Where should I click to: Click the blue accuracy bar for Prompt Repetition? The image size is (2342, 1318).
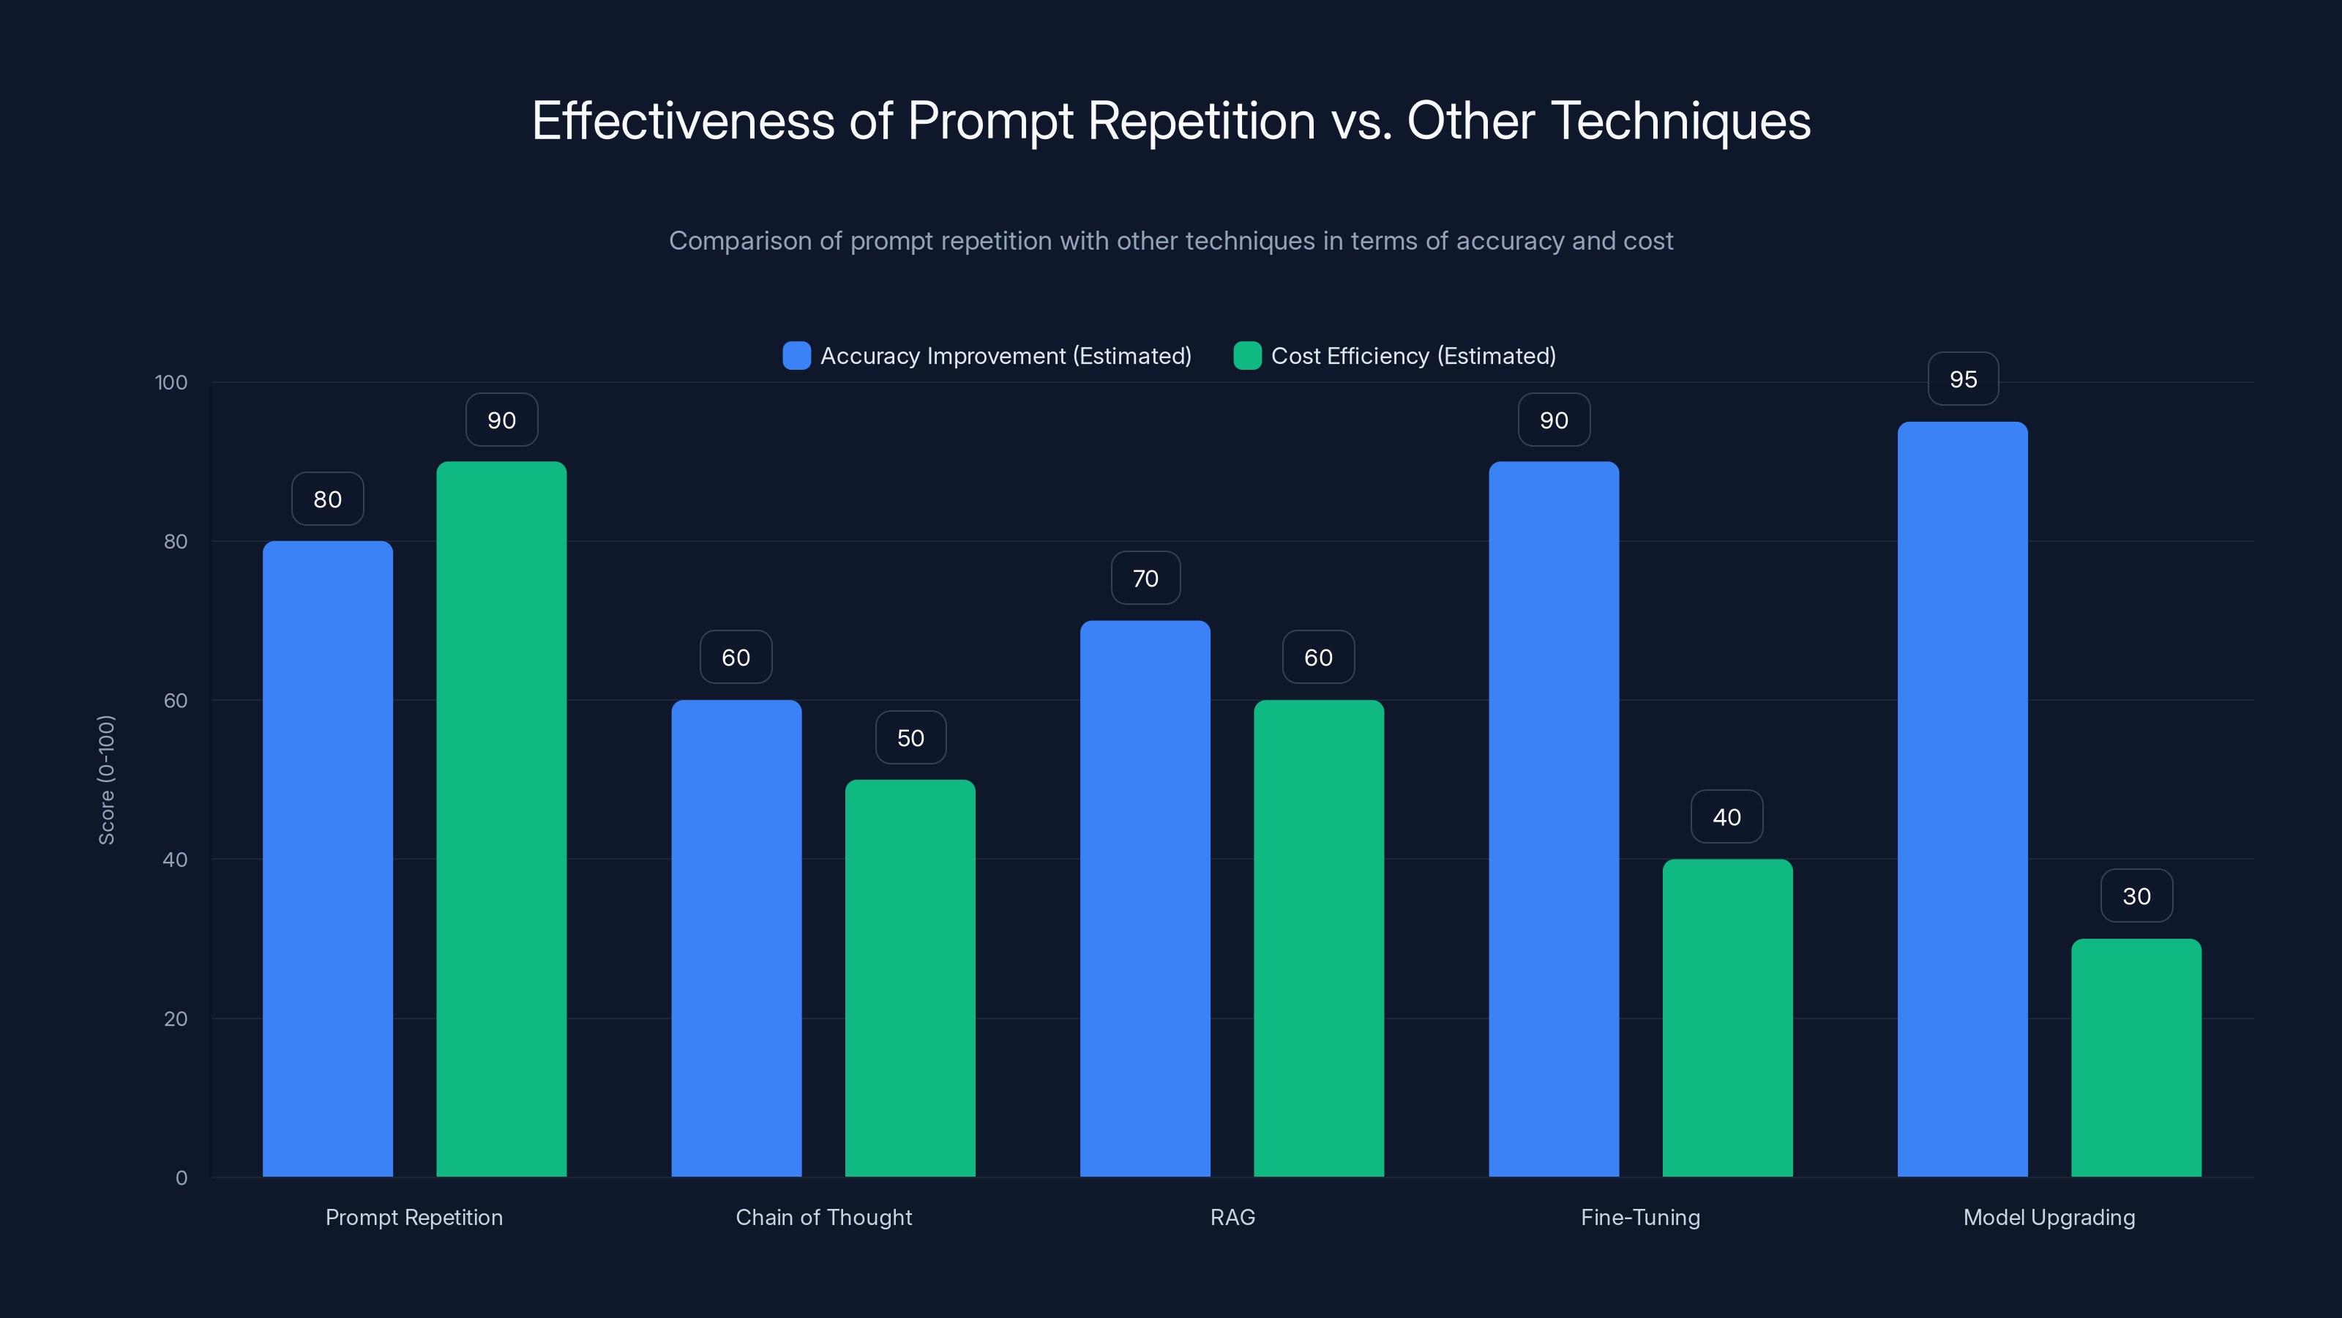click(x=327, y=859)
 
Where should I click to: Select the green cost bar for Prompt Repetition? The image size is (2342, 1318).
click(x=501, y=819)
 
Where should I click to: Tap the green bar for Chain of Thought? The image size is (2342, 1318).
click(x=910, y=978)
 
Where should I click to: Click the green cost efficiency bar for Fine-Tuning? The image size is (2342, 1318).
click(x=1727, y=1018)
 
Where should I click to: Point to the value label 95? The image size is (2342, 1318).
click(x=1963, y=379)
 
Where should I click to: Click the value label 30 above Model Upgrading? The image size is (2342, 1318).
click(x=2136, y=896)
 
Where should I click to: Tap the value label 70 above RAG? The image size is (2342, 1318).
click(x=1145, y=578)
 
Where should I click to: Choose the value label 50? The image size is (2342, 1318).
click(x=910, y=737)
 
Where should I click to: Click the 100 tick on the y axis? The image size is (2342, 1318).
click(x=171, y=382)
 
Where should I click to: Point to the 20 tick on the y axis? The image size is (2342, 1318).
click(x=176, y=1019)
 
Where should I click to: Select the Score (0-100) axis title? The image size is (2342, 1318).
click(x=106, y=780)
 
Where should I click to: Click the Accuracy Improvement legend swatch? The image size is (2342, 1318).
click(x=796, y=356)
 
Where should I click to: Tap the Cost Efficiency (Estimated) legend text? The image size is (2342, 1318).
click(x=1413, y=356)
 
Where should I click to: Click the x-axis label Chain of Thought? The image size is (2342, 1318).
click(x=823, y=1217)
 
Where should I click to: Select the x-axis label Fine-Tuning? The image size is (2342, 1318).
click(x=1640, y=1217)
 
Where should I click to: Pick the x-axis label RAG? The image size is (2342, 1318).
click(x=1232, y=1217)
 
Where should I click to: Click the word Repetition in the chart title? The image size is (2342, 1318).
click(x=1201, y=121)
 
